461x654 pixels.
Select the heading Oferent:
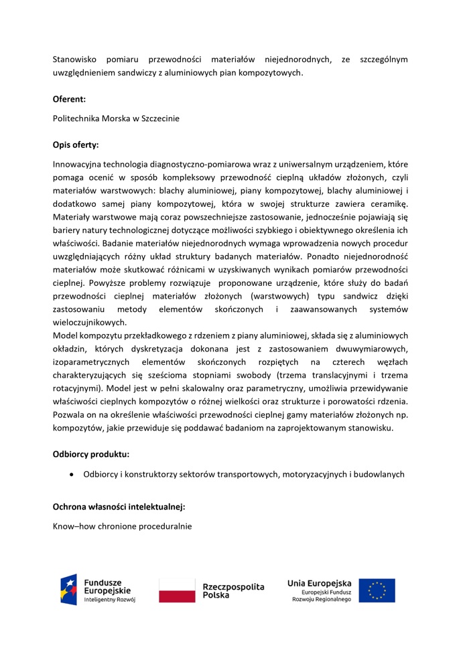coord(69,98)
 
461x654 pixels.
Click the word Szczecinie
coord(158,118)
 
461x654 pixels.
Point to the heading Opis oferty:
coord(76,144)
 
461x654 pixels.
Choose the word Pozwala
coord(70,414)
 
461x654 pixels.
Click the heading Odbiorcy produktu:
coord(91,454)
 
